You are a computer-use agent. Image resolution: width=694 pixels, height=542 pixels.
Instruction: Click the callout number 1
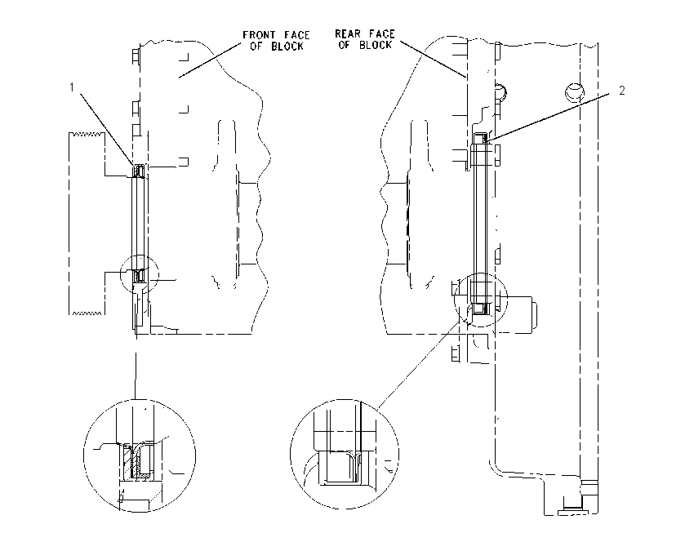pyautogui.click(x=72, y=87)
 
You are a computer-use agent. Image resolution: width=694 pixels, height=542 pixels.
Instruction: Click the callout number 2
pyautogui.click(x=621, y=91)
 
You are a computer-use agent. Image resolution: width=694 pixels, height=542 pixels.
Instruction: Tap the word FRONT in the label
pyautogui.click(x=259, y=34)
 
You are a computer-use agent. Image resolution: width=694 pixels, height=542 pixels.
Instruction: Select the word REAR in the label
pyautogui.click(x=348, y=33)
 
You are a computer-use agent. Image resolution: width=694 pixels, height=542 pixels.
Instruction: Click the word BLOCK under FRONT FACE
pyautogui.click(x=287, y=46)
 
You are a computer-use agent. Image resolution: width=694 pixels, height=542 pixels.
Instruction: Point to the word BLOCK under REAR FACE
pyautogui.click(x=376, y=45)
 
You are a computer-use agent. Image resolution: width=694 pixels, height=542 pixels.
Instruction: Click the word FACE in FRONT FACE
pyautogui.click(x=297, y=34)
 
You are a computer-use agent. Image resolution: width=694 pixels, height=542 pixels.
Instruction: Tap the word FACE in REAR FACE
pyautogui.click(x=381, y=33)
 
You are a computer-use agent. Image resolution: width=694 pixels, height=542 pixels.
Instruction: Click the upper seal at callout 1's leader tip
pyautogui.click(x=140, y=171)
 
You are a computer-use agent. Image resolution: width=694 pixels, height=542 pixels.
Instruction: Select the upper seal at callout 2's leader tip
pyautogui.click(x=481, y=138)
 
